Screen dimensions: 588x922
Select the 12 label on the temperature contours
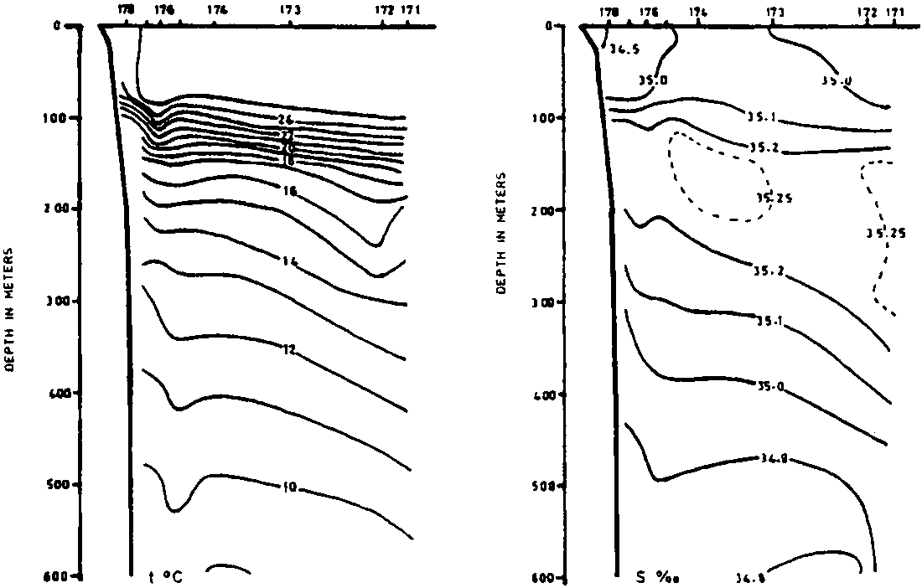[289, 349]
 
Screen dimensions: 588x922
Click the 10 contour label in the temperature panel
[290, 486]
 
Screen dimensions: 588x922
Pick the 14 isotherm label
[290, 262]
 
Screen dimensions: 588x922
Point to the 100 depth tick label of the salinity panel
[548, 118]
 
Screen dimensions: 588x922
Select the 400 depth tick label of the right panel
[548, 393]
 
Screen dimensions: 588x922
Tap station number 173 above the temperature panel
[291, 11]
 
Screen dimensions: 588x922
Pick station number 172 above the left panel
[385, 11]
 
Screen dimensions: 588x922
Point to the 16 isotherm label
[290, 192]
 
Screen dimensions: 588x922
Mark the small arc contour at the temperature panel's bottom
[228, 567]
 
